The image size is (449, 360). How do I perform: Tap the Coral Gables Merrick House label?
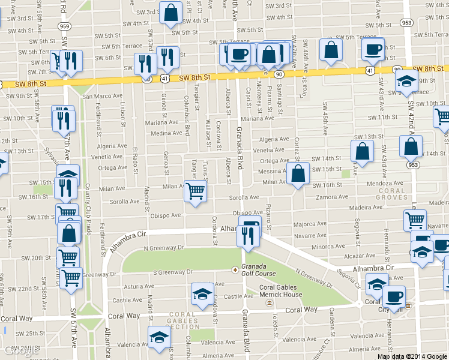(280, 290)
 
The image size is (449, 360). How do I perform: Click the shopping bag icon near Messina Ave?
(298, 175)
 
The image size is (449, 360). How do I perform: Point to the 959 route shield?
(64, 27)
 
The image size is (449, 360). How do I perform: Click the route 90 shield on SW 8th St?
(279, 74)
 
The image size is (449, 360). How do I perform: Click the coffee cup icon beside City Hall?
(394, 296)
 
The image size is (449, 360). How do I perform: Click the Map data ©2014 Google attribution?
(412, 356)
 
